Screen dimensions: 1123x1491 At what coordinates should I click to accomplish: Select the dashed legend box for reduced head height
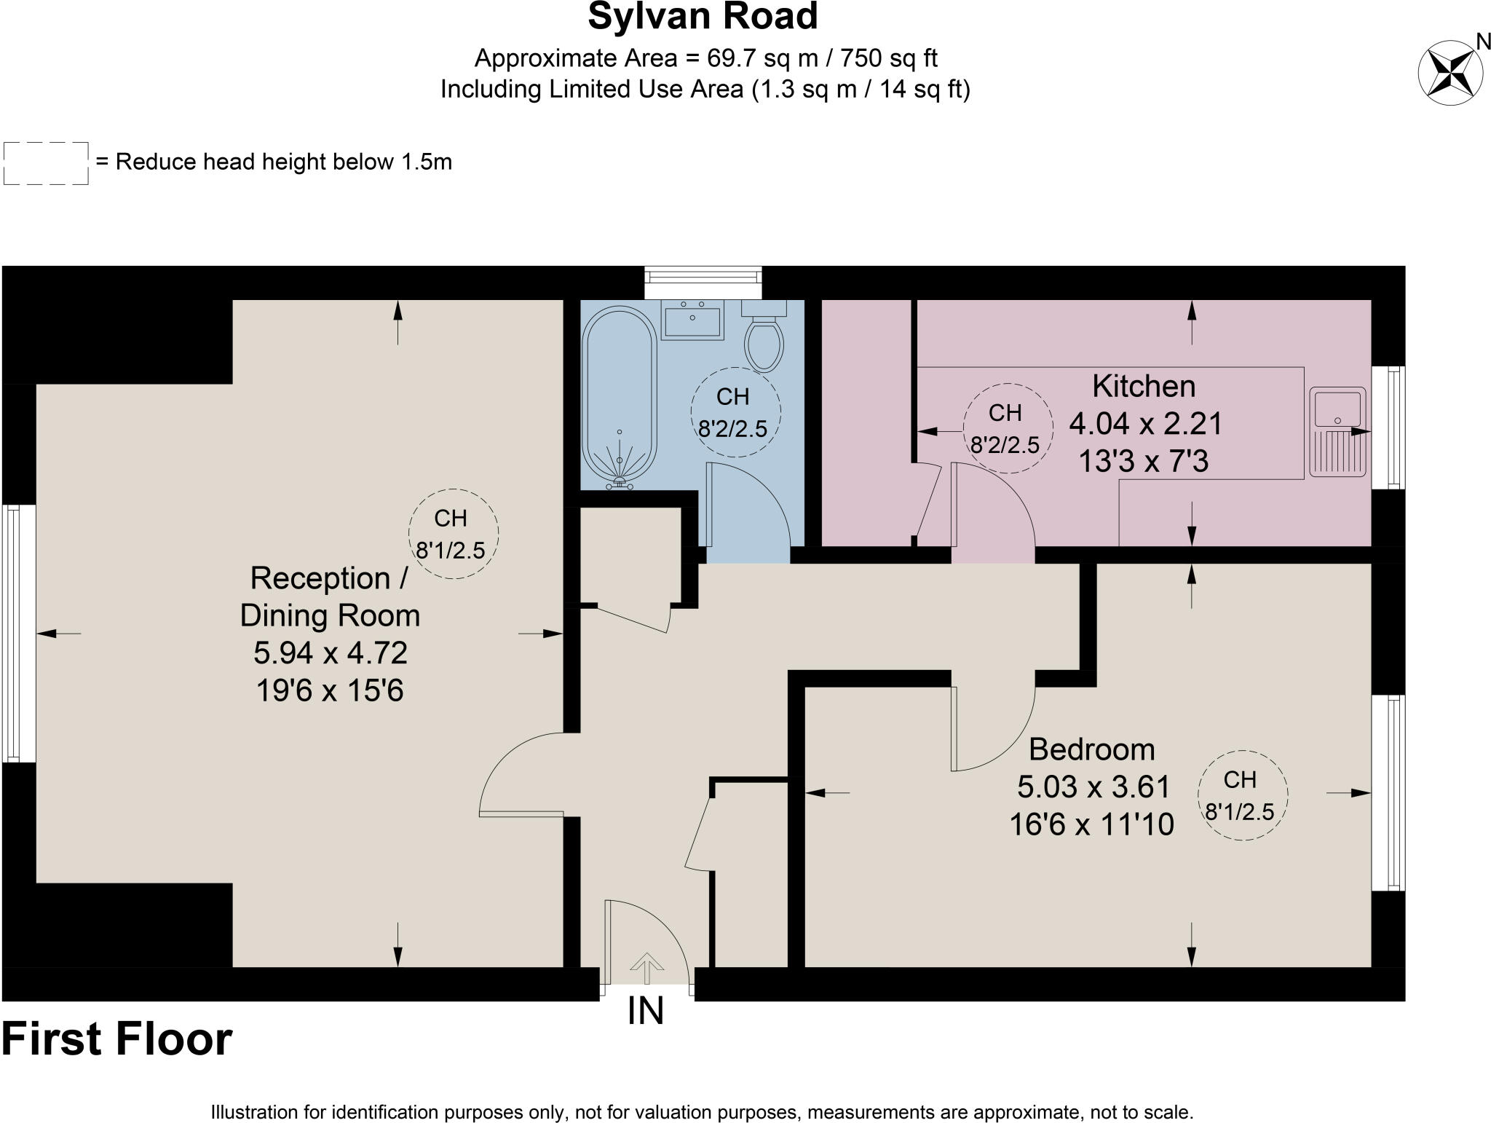(46, 163)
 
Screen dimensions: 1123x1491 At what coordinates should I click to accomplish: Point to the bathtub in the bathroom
(621, 397)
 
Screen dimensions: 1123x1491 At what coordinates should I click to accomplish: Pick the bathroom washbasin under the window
(692, 320)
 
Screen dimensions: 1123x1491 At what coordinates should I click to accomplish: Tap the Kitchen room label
(1144, 386)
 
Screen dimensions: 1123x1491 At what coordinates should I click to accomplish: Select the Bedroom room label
(1091, 749)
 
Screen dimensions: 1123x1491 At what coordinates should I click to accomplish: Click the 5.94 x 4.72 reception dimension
(330, 653)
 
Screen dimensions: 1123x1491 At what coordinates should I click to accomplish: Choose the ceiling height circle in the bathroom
(735, 412)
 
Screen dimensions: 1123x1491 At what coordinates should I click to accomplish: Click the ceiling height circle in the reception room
(453, 534)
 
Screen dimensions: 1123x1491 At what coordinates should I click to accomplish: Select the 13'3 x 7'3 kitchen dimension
(1143, 461)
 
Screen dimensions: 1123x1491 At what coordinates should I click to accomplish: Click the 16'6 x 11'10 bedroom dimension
(1091, 824)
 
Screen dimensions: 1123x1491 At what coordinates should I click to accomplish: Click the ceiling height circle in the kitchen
(1007, 428)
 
